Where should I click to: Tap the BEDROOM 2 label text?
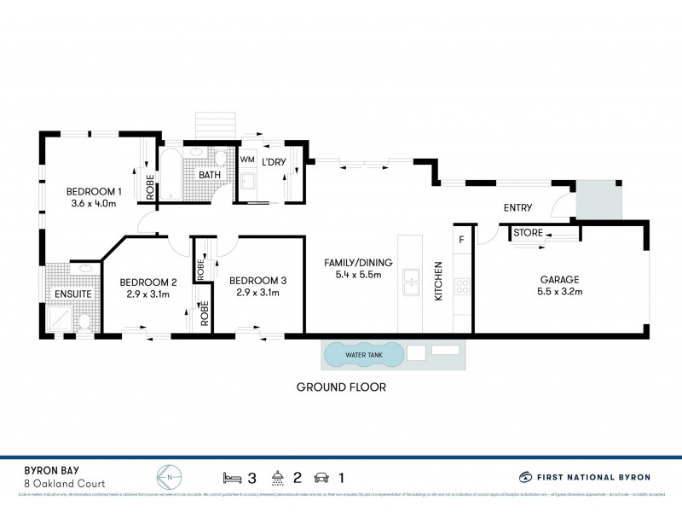[148, 282]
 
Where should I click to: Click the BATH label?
[210, 175]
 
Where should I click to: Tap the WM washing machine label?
[247, 160]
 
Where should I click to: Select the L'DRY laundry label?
[275, 160]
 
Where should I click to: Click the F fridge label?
[461, 240]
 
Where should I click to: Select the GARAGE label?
[560, 279]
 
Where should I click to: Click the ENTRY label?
[517, 207]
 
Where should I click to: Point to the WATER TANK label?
[363, 354]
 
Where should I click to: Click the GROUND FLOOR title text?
[341, 387]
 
